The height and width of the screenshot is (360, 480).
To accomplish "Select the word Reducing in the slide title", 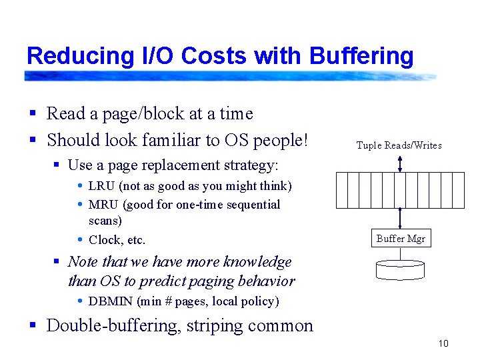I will click(68, 56).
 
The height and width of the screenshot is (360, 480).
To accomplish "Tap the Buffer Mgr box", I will click(400, 238).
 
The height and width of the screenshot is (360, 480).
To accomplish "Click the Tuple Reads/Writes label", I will click(399, 145).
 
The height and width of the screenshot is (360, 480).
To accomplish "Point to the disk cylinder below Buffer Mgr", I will click(400, 269).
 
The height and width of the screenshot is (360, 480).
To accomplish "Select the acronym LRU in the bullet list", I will click(102, 186).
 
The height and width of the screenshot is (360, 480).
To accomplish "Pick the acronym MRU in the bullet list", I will click(103, 205).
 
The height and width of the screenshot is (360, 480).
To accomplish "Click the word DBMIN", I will click(111, 301).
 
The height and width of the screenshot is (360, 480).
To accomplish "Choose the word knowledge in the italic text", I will click(259, 262).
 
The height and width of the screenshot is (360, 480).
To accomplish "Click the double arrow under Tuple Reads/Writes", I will click(400, 163).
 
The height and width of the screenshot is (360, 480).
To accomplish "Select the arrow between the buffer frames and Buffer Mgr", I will click(400, 219).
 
